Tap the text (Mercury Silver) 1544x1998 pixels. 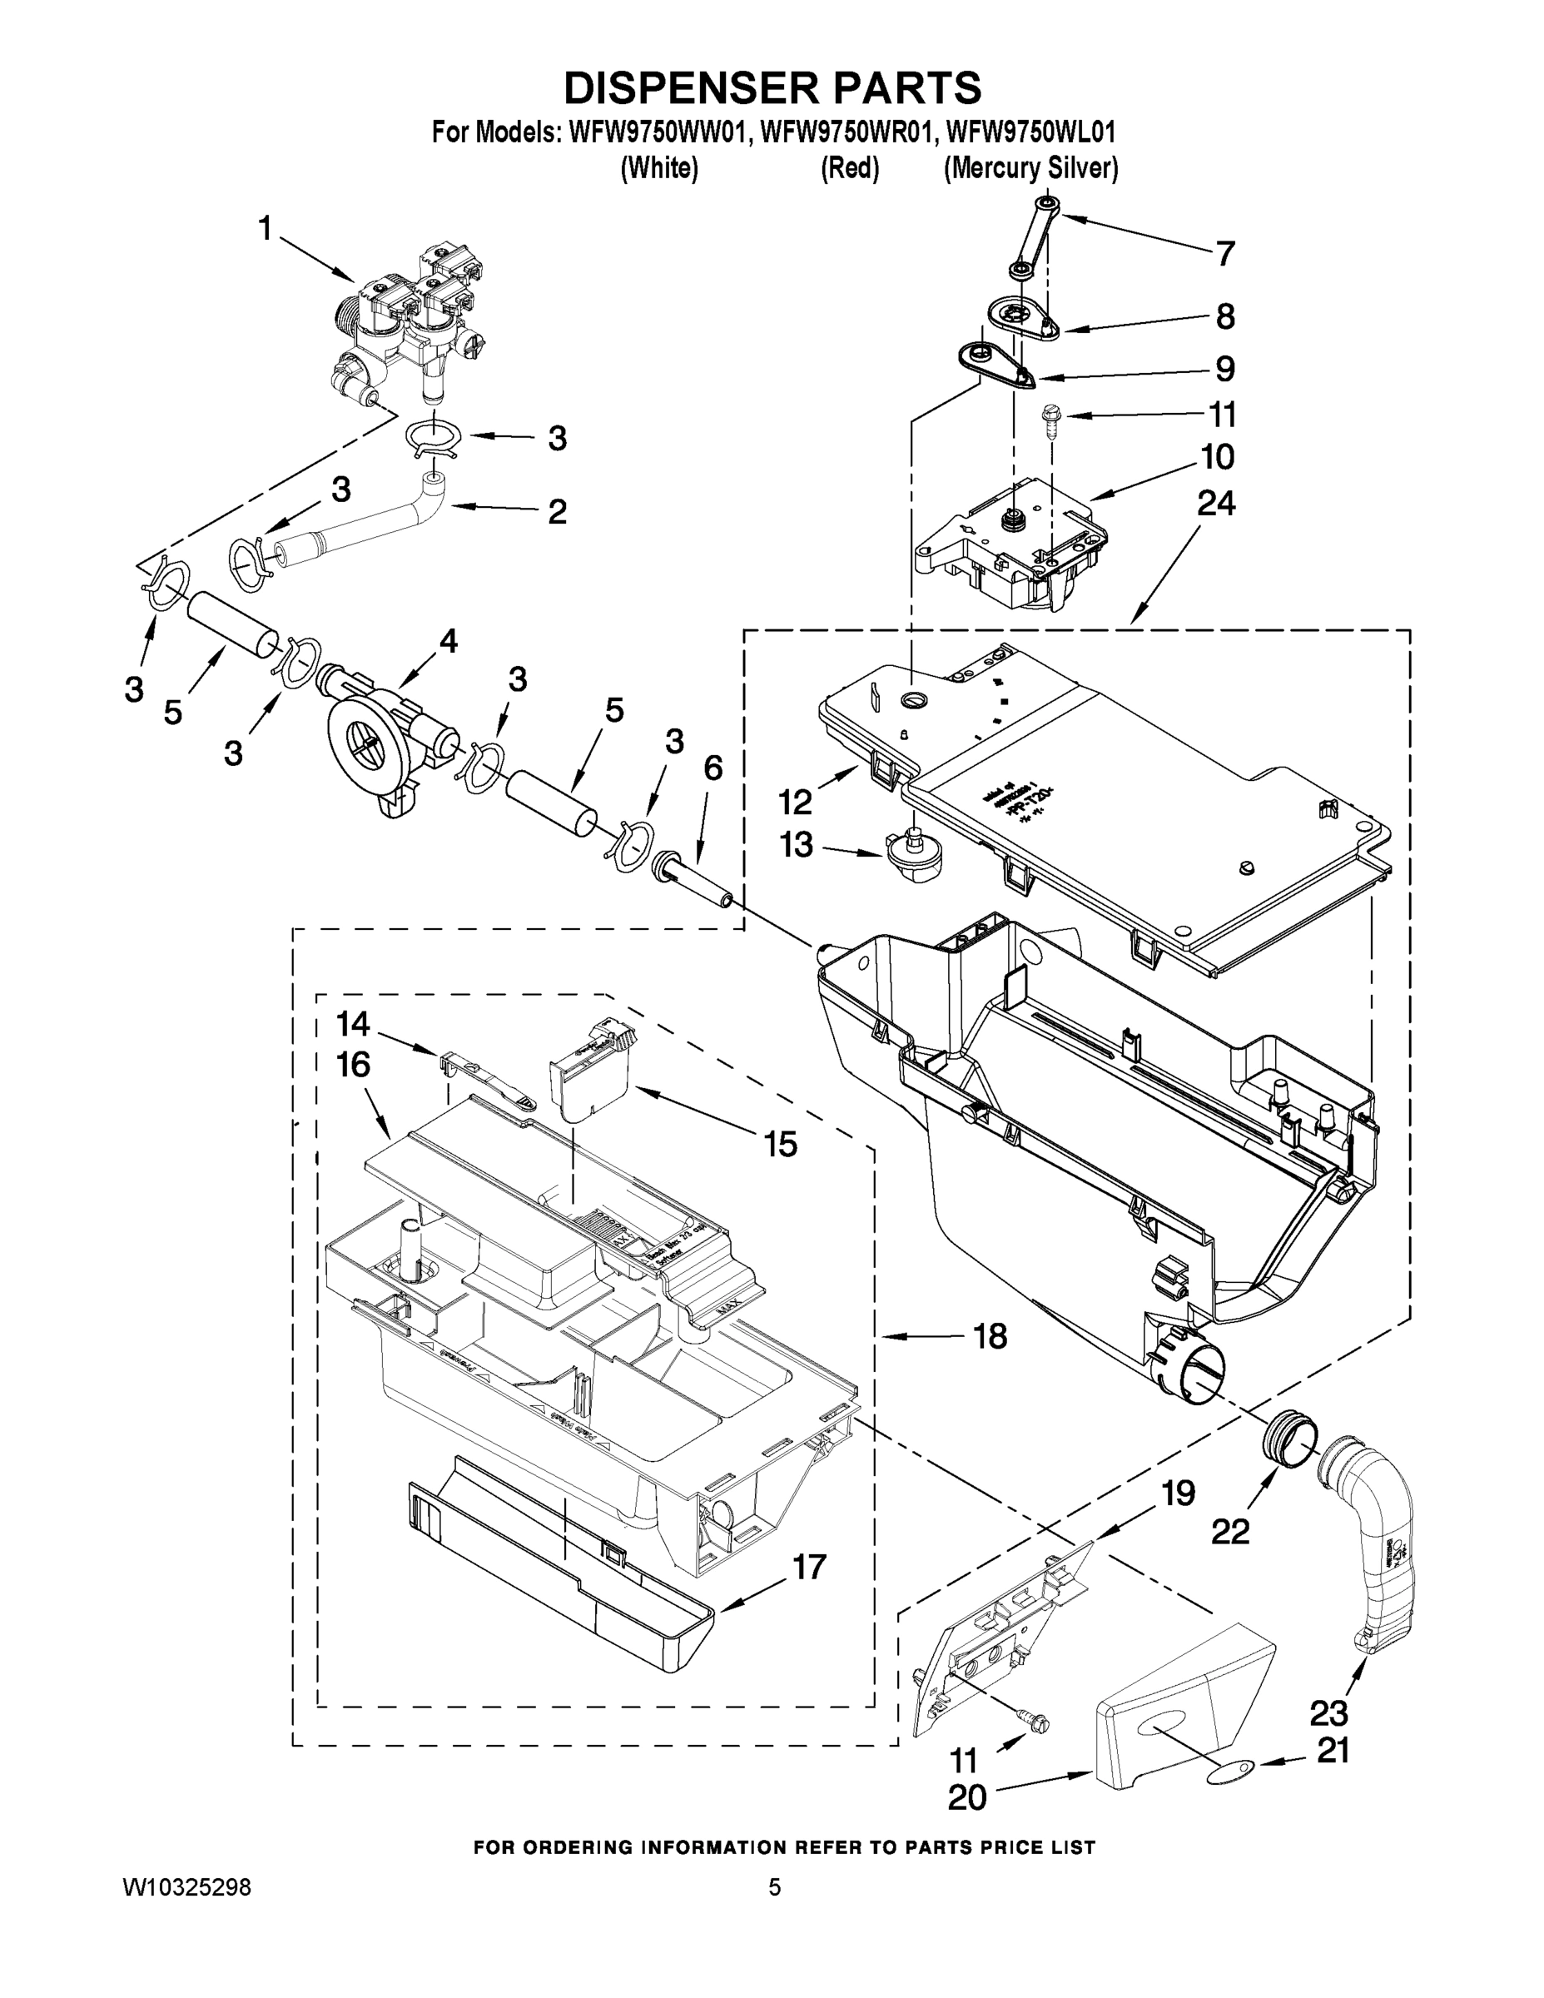click(1030, 169)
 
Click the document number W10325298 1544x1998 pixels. click(186, 1887)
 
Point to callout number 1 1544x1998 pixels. click(266, 228)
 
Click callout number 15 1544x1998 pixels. click(780, 1144)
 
